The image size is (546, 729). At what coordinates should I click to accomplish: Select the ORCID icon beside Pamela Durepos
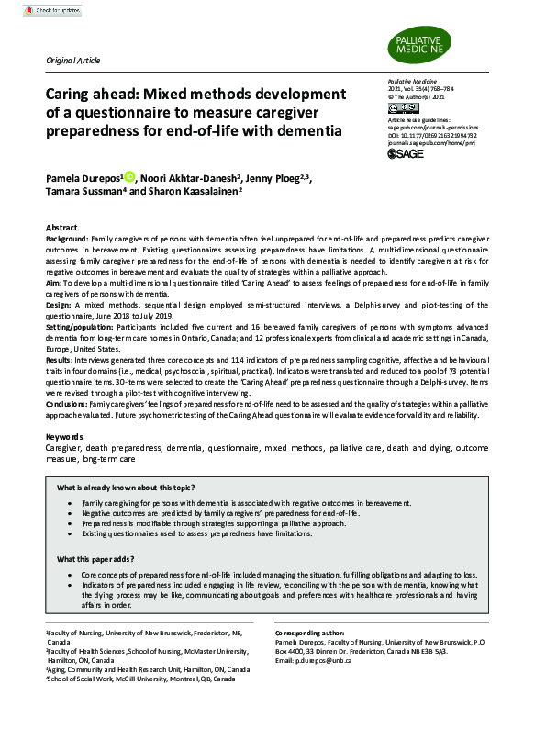[x=129, y=176]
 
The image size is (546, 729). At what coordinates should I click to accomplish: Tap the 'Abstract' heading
[x=62, y=227]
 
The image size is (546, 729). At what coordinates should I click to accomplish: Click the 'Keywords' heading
[x=66, y=435]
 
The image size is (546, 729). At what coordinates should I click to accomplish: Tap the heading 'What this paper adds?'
[x=98, y=558]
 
